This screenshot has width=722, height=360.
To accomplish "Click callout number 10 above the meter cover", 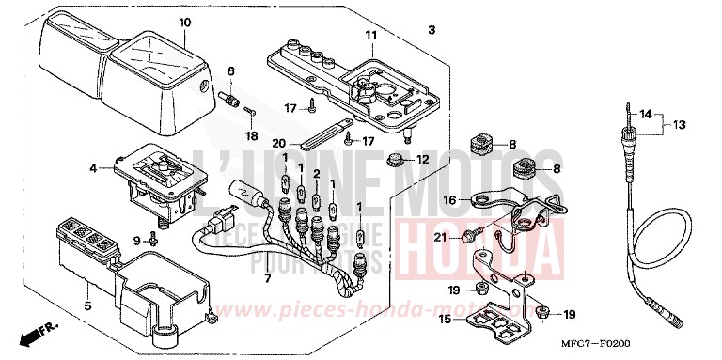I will pyautogui.click(x=184, y=22).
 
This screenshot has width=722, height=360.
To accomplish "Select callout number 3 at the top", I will pyautogui.click(x=432, y=31).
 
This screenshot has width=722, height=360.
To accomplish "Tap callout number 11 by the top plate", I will pyautogui.click(x=370, y=36).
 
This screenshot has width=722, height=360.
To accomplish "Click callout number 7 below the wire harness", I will pyautogui.click(x=266, y=280).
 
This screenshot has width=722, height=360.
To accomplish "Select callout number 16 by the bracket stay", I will pyautogui.click(x=450, y=200).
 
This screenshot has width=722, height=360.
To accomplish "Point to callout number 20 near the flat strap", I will pyautogui.click(x=279, y=143).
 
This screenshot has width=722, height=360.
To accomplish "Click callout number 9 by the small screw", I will pyautogui.click(x=137, y=240).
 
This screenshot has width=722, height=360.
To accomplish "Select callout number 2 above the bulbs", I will pyautogui.click(x=318, y=175).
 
